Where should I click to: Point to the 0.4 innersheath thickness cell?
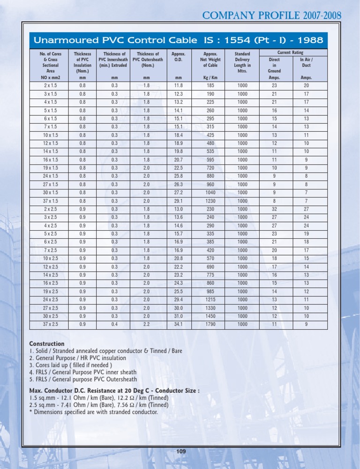(114, 324)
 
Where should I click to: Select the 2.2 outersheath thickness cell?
(147, 324)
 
